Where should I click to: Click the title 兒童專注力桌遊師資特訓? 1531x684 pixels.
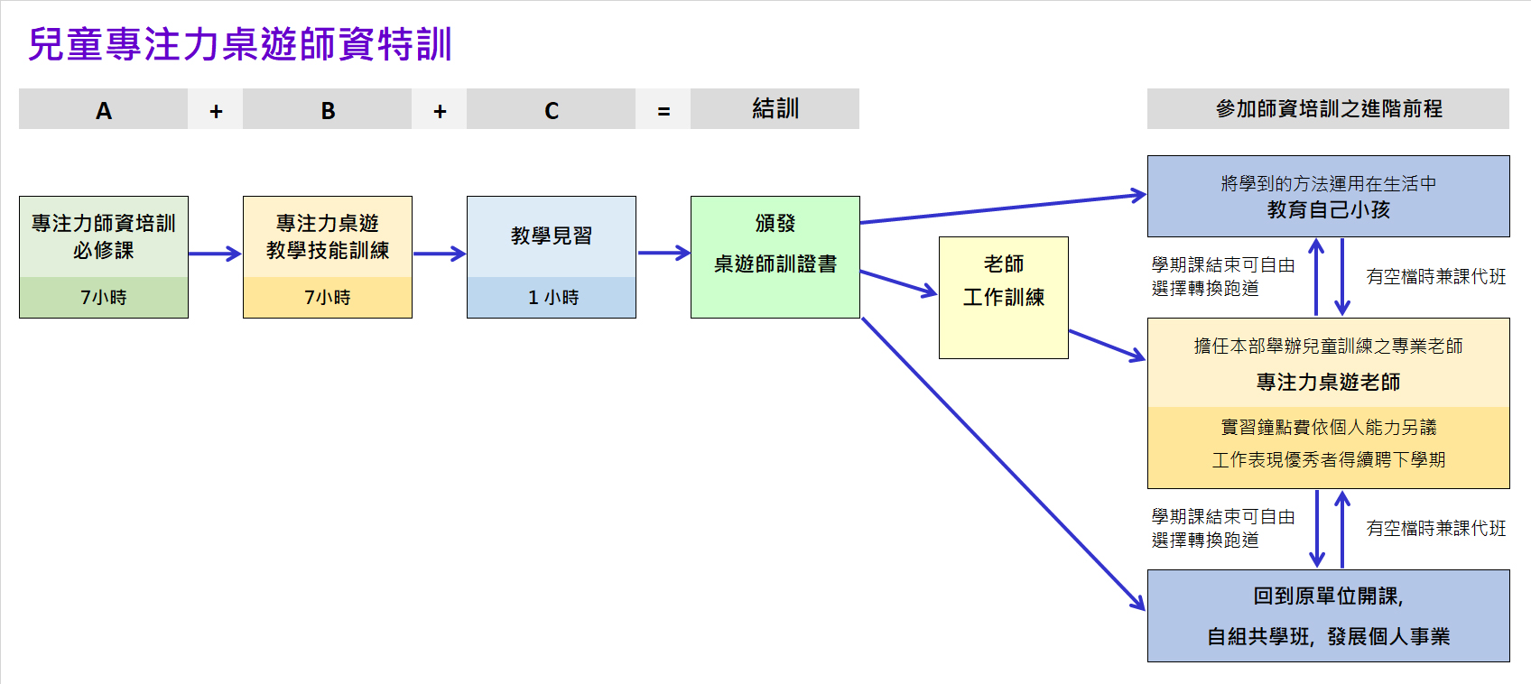click(x=240, y=45)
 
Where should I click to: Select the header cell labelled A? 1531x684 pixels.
click(x=103, y=110)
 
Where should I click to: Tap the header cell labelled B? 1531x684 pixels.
click(x=327, y=110)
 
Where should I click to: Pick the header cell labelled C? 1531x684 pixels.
click(x=551, y=110)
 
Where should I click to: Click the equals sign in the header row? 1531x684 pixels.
click(x=663, y=111)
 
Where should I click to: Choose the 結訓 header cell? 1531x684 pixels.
click(x=775, y=109)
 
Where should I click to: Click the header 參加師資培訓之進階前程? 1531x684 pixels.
click(x=1328, y=109)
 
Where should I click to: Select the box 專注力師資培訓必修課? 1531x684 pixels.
click(x=103, y=236)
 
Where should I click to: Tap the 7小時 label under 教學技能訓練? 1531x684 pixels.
click(x=327, y=297)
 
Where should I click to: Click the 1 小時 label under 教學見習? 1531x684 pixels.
click(x=552, y=297)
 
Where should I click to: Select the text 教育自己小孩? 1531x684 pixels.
click(x=1328, y=210)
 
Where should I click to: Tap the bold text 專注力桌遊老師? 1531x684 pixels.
click(x=1328, y=382)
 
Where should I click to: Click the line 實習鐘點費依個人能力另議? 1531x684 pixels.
click(x=1328, y=427)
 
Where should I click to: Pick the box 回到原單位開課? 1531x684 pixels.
click(x=1328, y=615)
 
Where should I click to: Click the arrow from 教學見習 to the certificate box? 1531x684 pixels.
click(x=663, y=254)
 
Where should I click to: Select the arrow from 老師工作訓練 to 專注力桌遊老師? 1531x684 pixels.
click(x=1107, y=346)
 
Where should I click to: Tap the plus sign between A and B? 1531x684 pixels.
click(x=216, y=111)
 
